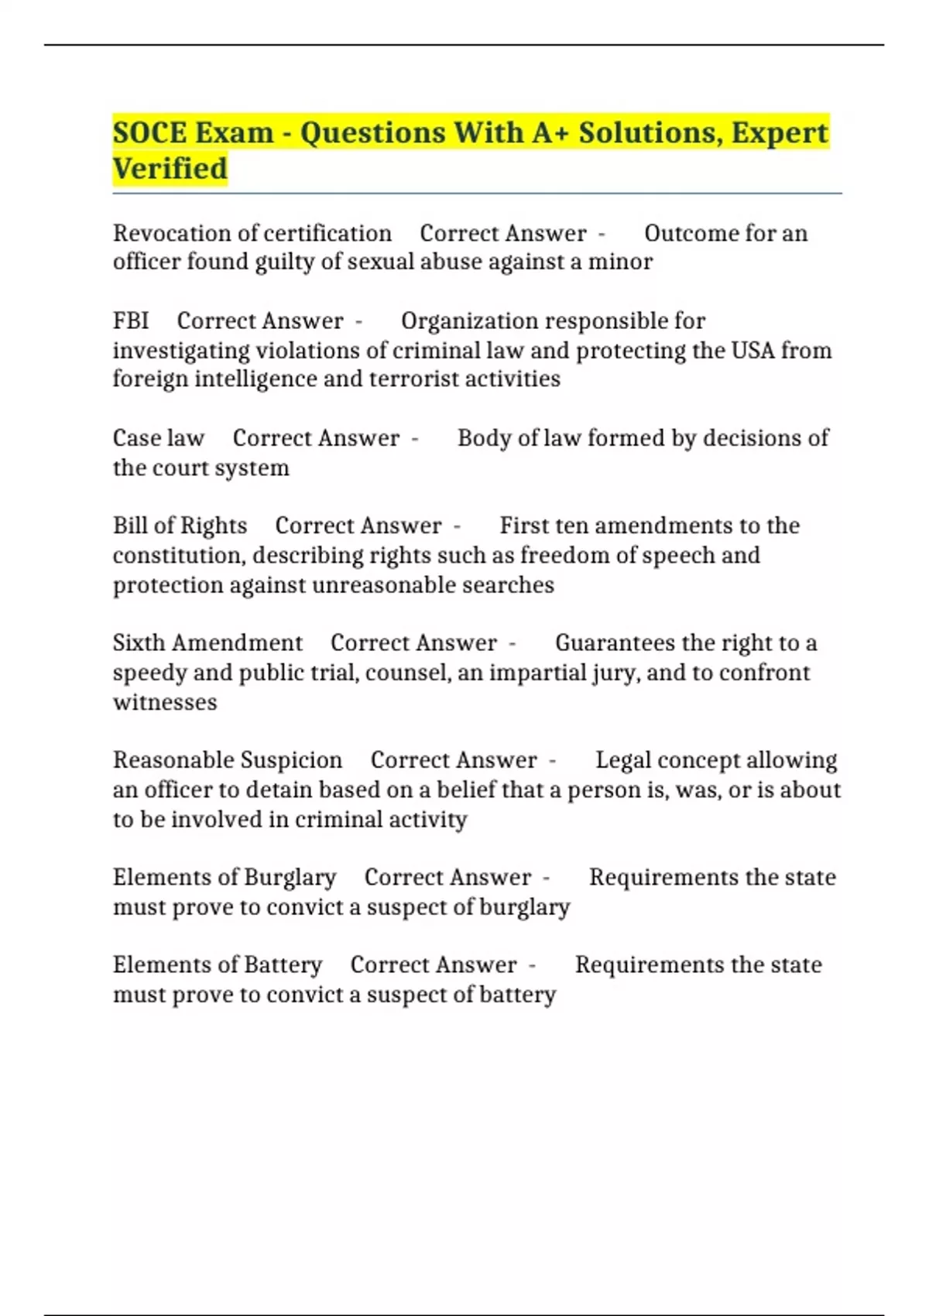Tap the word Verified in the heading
(170, 169)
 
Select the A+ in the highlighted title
(550, 133)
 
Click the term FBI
(130, 321)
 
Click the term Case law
(159, 438)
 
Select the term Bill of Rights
(180, 526)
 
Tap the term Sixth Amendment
(207, 643)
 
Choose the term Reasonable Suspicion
(228, 760)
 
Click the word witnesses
(165, 703)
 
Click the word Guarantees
(615, 643)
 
